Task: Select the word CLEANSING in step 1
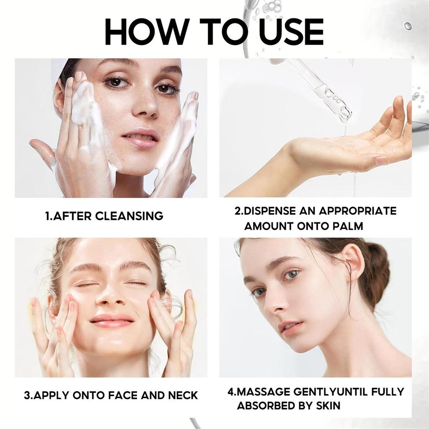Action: pyautogui.click(x=129, y=216)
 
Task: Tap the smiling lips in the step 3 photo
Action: pyautogui.click(x=112, y=321)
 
